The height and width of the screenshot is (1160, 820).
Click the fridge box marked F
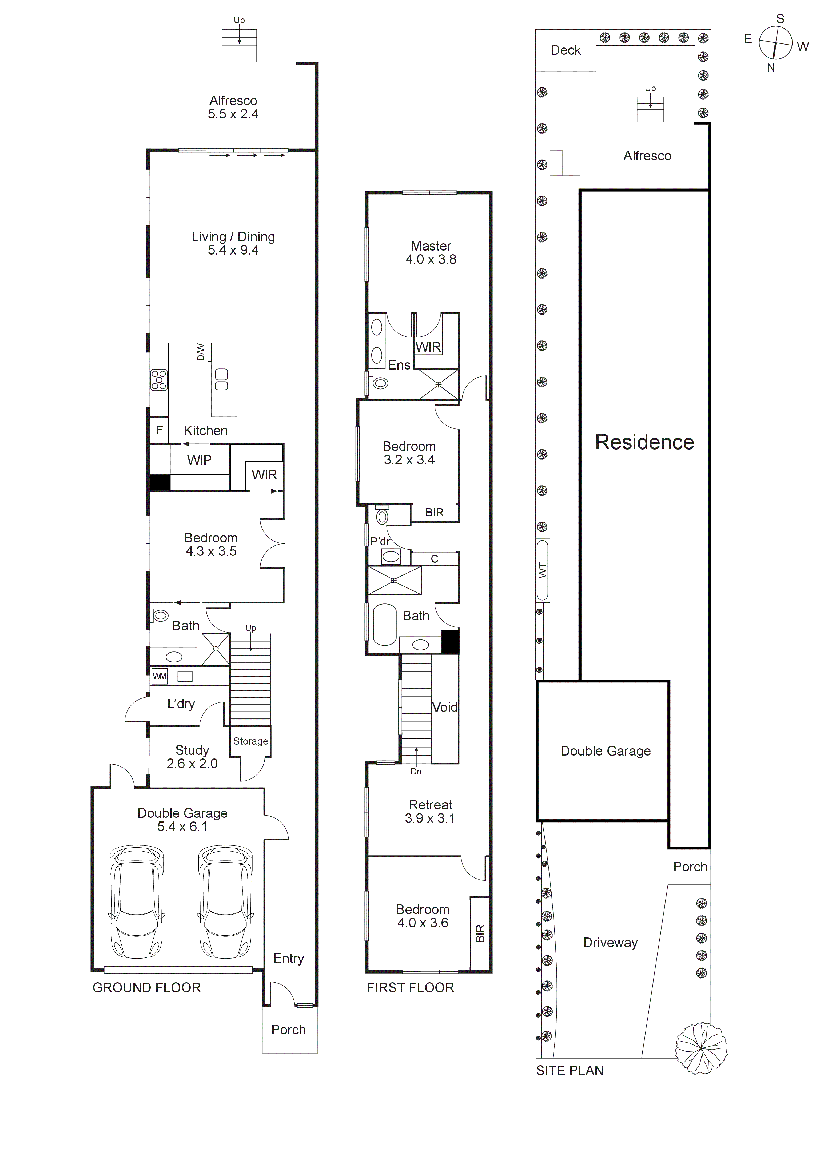(x=159, y=430)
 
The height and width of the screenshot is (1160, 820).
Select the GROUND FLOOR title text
(x=146, y=988)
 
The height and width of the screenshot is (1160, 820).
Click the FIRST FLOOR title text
(x=410, y=988)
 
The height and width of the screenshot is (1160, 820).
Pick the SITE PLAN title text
(x=570, y=1071)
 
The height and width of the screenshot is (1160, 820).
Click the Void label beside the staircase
(x=445, y=707)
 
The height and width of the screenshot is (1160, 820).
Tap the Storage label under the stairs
(x=250, y=741)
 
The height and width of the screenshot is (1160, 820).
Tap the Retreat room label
(x=431, y=805)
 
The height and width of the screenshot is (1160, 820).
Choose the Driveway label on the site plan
(x=610, y=943)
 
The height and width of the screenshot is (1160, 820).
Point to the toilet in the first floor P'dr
(x=383, y=516)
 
